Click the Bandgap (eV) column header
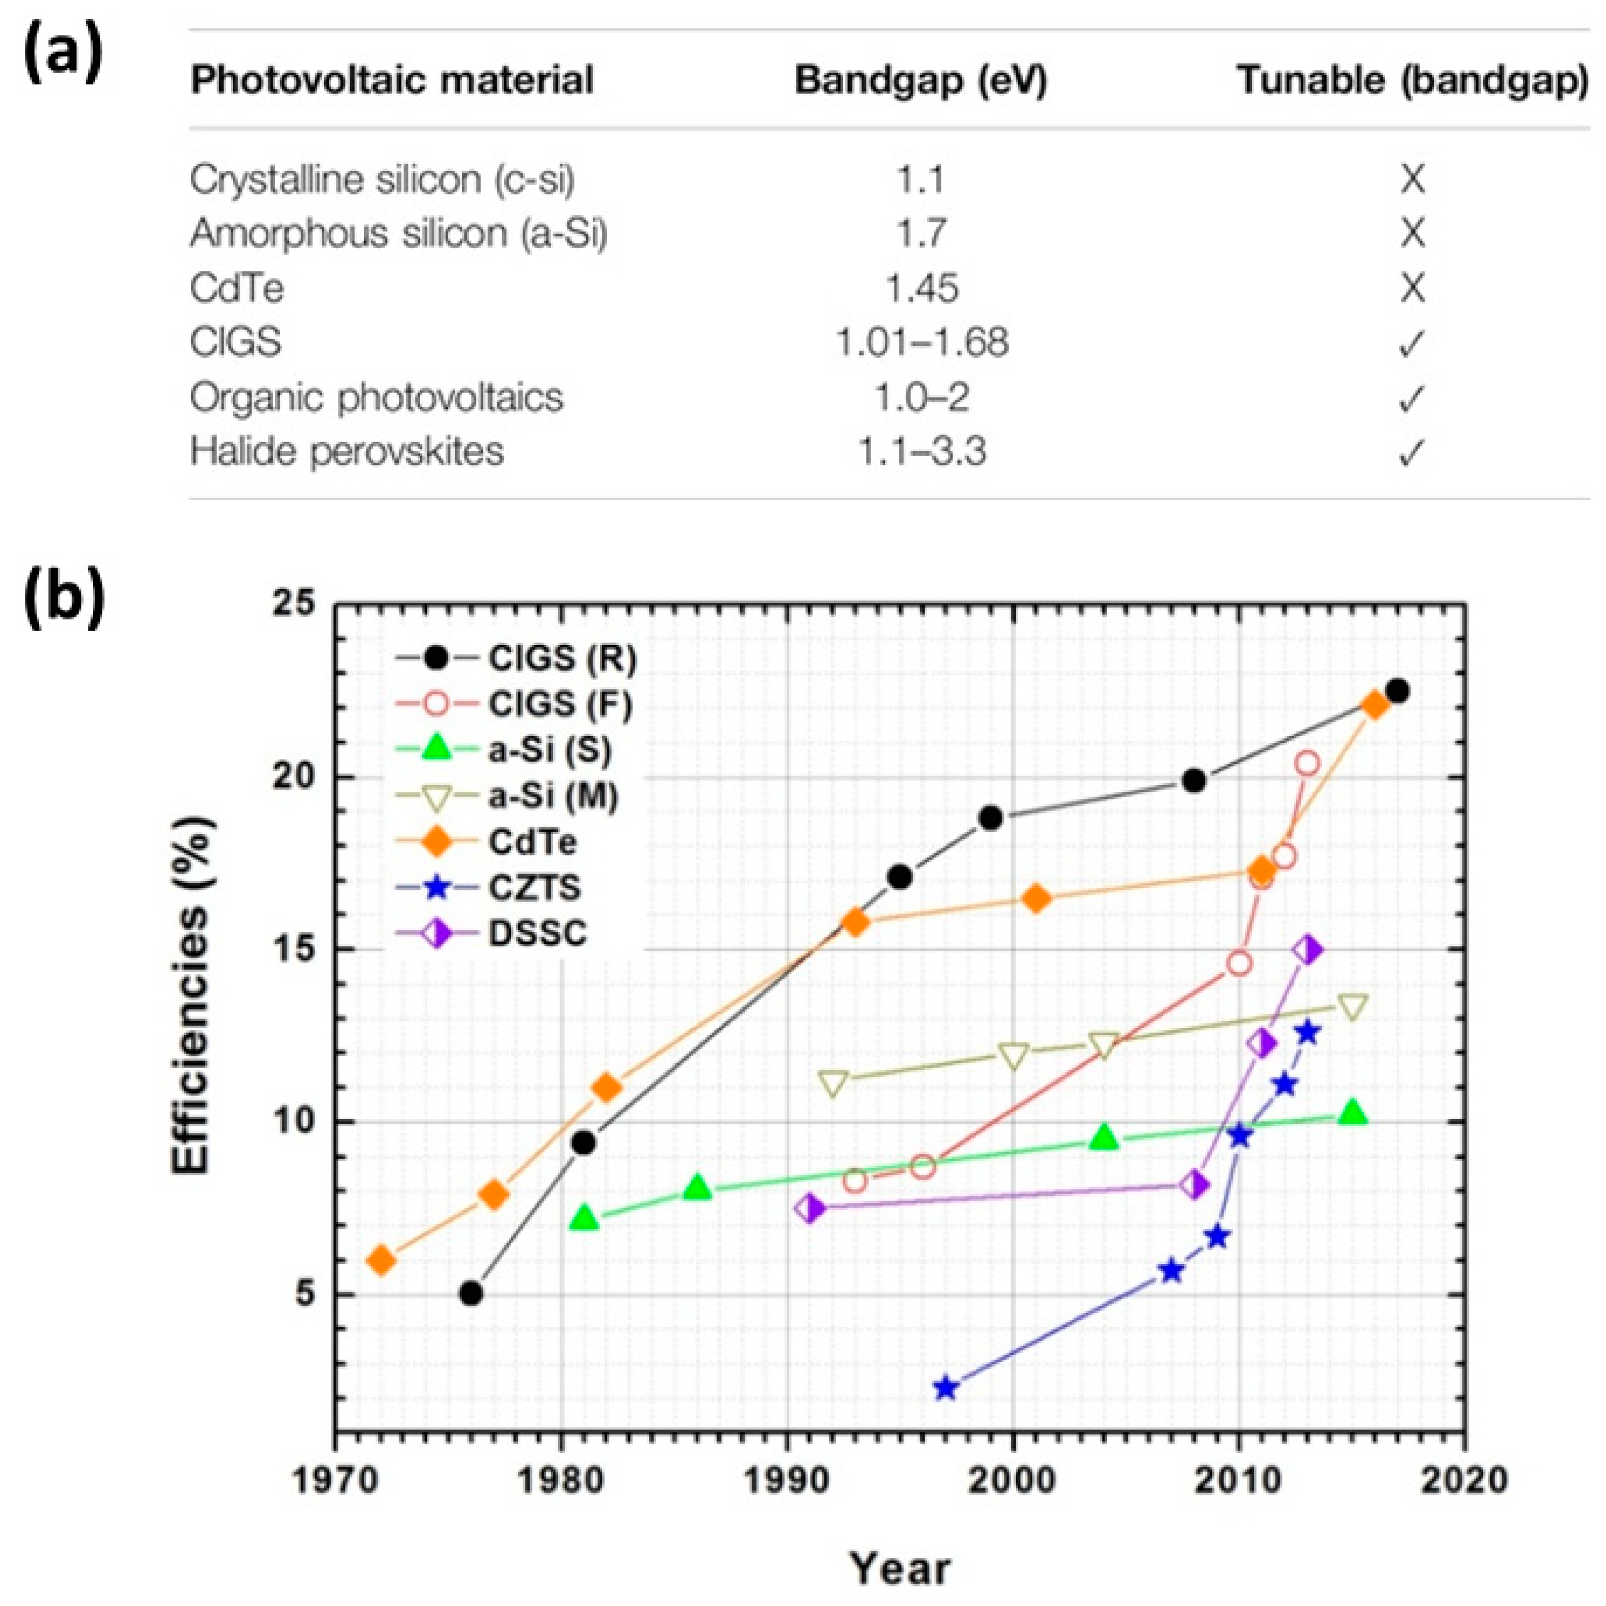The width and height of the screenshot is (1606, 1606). (x=921, y=81)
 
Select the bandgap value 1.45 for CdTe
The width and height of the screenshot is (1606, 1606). (x=921, y=288)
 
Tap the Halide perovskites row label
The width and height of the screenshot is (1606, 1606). (x=347, y=451)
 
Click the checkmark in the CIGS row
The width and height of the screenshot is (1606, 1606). (x=1412, y=343)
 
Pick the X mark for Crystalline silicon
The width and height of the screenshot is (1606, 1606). (x=1412, y=179)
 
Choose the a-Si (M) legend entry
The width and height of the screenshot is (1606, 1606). (x=553, y=796)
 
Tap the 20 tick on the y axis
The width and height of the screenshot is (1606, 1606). (x=296, y=777)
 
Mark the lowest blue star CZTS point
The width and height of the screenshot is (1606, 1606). (x=945, y=1388)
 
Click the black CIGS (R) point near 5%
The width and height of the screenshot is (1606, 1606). (x=471, y=1293)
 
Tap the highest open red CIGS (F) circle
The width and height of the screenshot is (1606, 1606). (x=1307, y=763)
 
